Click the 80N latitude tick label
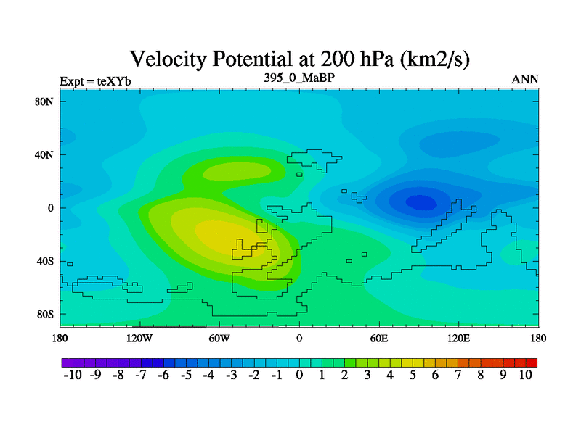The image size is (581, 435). click(44, 101)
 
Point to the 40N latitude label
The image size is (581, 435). click(44, 154)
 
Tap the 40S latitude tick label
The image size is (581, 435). click(45, 261)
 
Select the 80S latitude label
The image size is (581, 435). click(45, 315)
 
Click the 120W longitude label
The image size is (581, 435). click(139, 338)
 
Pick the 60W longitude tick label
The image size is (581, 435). click(219, 338)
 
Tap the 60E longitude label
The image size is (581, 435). click(379, 338)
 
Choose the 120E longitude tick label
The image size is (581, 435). click(459, 338)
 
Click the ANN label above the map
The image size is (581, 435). click(524, 80)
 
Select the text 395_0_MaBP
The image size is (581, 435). click(299, 78)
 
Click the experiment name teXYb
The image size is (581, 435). click(114, 81)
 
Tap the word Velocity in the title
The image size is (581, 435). click(168, 59)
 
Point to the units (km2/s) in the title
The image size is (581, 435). click(434, 59)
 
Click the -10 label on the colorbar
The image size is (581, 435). click(73, 375)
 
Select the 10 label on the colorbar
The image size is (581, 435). click(525, 375)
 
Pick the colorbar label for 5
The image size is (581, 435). click(413, 375)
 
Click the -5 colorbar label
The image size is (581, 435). click(186, 375)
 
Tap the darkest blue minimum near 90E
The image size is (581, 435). click(421, 202)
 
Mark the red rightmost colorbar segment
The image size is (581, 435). click(532, 362)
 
